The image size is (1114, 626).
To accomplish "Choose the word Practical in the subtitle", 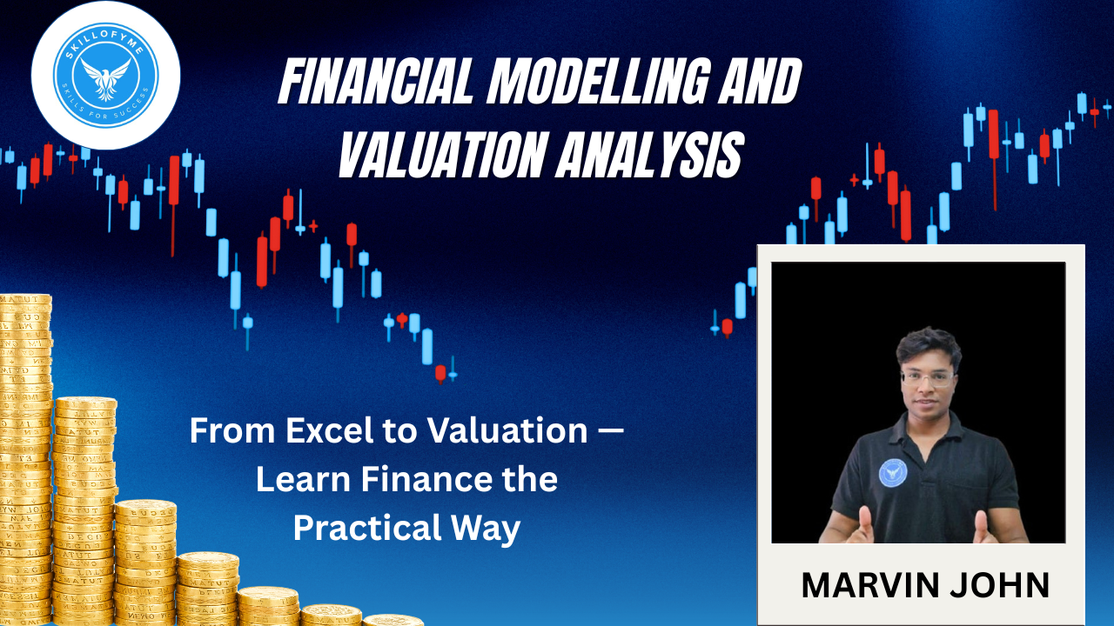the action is coord(367,528).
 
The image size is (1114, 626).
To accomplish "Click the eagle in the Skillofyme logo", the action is coord(105,78).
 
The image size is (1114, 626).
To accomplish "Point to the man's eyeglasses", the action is coord(927,378).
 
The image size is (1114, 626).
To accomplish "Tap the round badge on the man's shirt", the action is coord(893,472).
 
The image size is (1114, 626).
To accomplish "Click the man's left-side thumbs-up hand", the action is coord(864,526).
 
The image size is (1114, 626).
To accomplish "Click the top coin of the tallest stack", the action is coord(26,300).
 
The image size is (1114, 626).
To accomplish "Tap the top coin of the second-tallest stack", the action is coord(85,403).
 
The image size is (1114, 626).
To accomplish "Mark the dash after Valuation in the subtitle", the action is coord(610,431).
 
